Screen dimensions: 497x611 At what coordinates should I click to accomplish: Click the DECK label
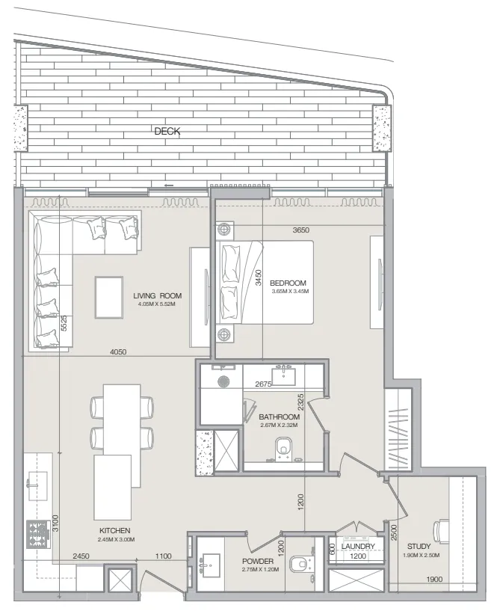(167, 131)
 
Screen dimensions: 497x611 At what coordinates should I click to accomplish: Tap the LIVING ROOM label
(158, 295)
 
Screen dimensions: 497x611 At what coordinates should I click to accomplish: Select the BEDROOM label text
(288, 283)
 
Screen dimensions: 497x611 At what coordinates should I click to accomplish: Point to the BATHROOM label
(279, 417)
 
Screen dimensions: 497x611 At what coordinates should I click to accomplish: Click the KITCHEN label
(114, 531)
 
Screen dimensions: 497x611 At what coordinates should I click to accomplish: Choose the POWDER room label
(258, 562)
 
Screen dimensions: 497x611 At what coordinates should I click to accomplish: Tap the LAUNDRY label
(358, 547)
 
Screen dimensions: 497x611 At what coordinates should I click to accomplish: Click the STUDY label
(419, 547)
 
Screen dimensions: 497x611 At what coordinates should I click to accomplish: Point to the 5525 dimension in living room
(64, 323)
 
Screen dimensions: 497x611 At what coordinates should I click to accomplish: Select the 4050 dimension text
(118, 352)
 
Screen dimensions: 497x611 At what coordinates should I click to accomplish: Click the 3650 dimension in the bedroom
(300, 230)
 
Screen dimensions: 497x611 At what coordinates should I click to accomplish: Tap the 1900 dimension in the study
(434, 580)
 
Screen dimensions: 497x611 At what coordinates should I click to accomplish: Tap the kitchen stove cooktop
(39, 534)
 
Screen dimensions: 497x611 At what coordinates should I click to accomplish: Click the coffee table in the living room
(109, 298)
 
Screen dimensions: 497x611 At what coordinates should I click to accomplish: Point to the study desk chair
(440, 531)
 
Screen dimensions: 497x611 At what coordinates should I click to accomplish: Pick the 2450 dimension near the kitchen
(81, 556)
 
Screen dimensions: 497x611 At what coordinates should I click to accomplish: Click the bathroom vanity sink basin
(284, 376)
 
